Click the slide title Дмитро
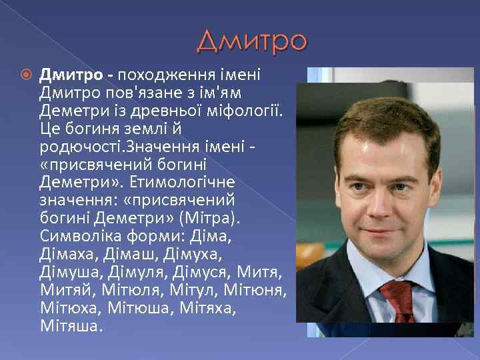[252, 41]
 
